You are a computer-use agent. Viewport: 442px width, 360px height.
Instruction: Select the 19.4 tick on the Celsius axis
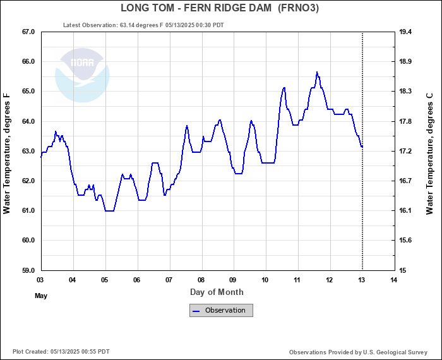coord(406,32)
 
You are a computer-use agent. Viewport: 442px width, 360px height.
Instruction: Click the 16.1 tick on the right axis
coord(406,210)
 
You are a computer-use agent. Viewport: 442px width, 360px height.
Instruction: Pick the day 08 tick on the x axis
coord(201,280)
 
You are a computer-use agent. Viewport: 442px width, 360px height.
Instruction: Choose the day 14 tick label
coord(394,280)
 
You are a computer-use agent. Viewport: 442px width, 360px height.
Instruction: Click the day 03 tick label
coord(40,280)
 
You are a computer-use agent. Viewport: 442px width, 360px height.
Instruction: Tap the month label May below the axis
coord(41,296)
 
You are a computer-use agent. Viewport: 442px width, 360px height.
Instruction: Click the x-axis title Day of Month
coord(217,292)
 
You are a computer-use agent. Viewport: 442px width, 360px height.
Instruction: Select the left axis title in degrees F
coord(7,153)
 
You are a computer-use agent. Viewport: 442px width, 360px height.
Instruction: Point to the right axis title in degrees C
coord(430,153)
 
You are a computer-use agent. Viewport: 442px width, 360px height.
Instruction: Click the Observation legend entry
coord(221,310)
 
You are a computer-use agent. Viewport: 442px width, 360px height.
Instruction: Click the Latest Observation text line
coord(143,25)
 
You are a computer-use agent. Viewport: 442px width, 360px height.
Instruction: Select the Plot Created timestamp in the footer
coord(61,352)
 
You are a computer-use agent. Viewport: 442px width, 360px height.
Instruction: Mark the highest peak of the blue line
coord(317,72)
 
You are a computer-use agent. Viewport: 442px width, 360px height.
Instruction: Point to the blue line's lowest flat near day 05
coord(109,210)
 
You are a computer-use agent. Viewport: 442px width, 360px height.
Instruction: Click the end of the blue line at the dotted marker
coord(362,147)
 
